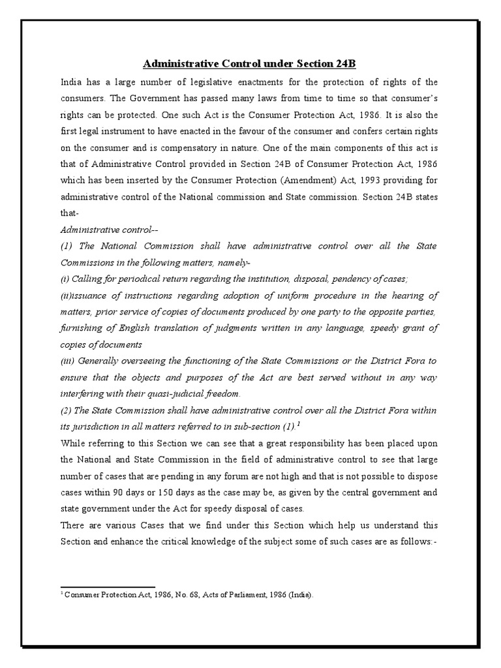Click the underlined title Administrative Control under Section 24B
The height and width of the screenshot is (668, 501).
click(x=250, y=64)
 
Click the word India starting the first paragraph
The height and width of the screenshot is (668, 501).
click(x=71, y=83)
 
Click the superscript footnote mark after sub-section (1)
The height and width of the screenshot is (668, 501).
click(x=298, y=423)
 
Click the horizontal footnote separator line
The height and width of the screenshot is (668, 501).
click(x=108, y=587)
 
